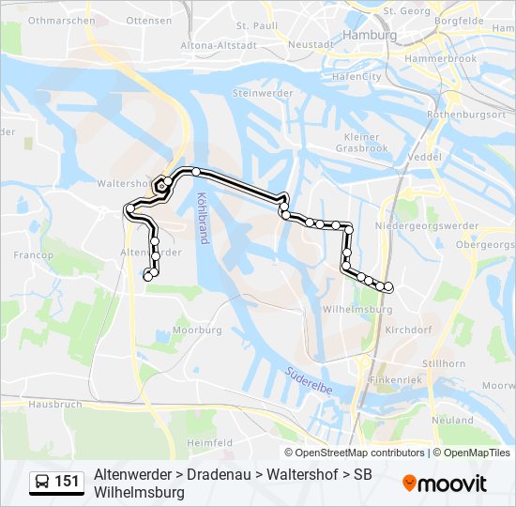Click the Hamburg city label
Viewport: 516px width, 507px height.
[371, 35]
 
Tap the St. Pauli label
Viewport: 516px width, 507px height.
[253, 25]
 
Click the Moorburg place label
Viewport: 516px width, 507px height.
[198, 330]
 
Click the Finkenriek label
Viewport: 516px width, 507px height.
[397, 380]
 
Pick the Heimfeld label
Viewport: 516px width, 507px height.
[209, 441]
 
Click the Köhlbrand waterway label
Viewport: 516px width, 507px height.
[202, 218]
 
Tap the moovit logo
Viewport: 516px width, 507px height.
[446, 484]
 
